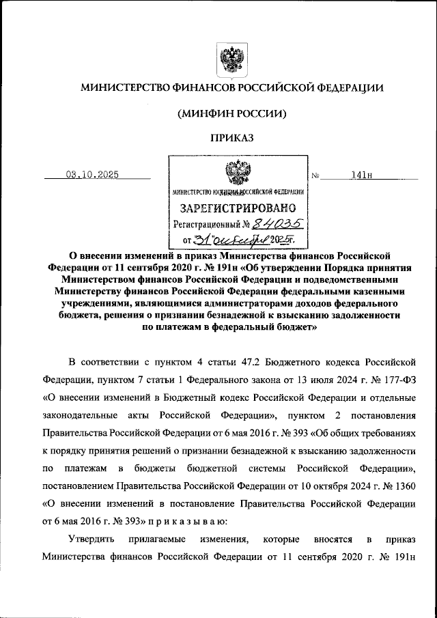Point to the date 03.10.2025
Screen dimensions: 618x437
tap(92, 174)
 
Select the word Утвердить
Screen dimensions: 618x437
tap(92, 539)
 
